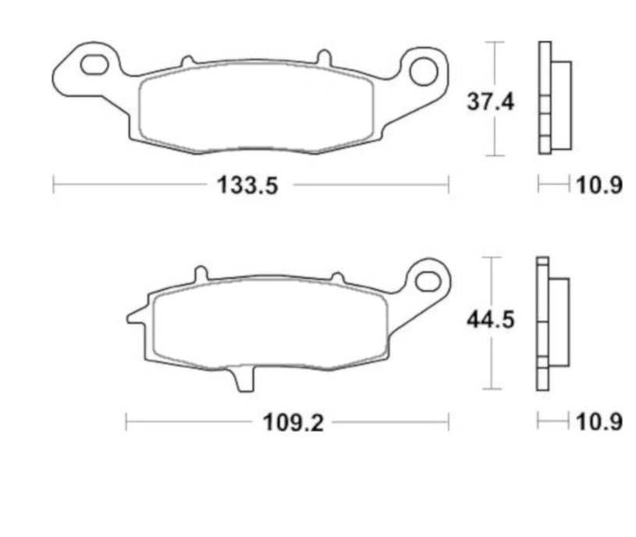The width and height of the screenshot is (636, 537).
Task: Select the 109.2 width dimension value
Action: (x=292, y=422)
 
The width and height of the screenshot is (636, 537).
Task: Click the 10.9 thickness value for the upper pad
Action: (x=599, y=186)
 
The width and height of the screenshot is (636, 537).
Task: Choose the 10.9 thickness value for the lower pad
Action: (x=599, y=422)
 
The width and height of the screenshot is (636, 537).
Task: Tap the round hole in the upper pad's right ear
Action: (x=425, y=70)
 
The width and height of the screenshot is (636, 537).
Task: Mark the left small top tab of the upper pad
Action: (x=187, y=60)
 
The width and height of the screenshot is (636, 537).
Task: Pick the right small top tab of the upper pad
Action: (x=322, y=58)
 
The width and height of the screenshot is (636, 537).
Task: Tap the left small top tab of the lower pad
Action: (x=201, y=274)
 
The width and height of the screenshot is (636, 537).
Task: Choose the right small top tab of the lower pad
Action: (x=337, y=276)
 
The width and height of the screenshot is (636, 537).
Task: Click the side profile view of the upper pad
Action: (x=553, y=98)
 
